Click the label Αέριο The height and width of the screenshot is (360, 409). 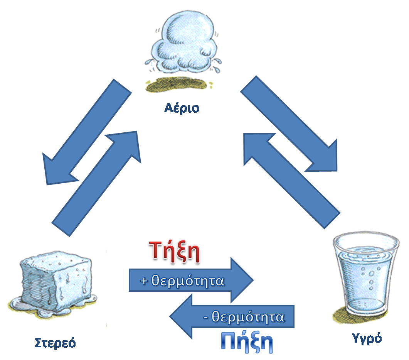182,108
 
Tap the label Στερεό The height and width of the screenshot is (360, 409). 55,342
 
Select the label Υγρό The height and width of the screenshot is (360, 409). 367,338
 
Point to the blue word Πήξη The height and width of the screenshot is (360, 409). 247,341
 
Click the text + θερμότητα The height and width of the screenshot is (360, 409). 182,281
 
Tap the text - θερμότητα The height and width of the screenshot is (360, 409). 244,317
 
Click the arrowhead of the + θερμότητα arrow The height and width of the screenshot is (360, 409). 241,281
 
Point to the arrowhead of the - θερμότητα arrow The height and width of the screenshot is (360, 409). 183,317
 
